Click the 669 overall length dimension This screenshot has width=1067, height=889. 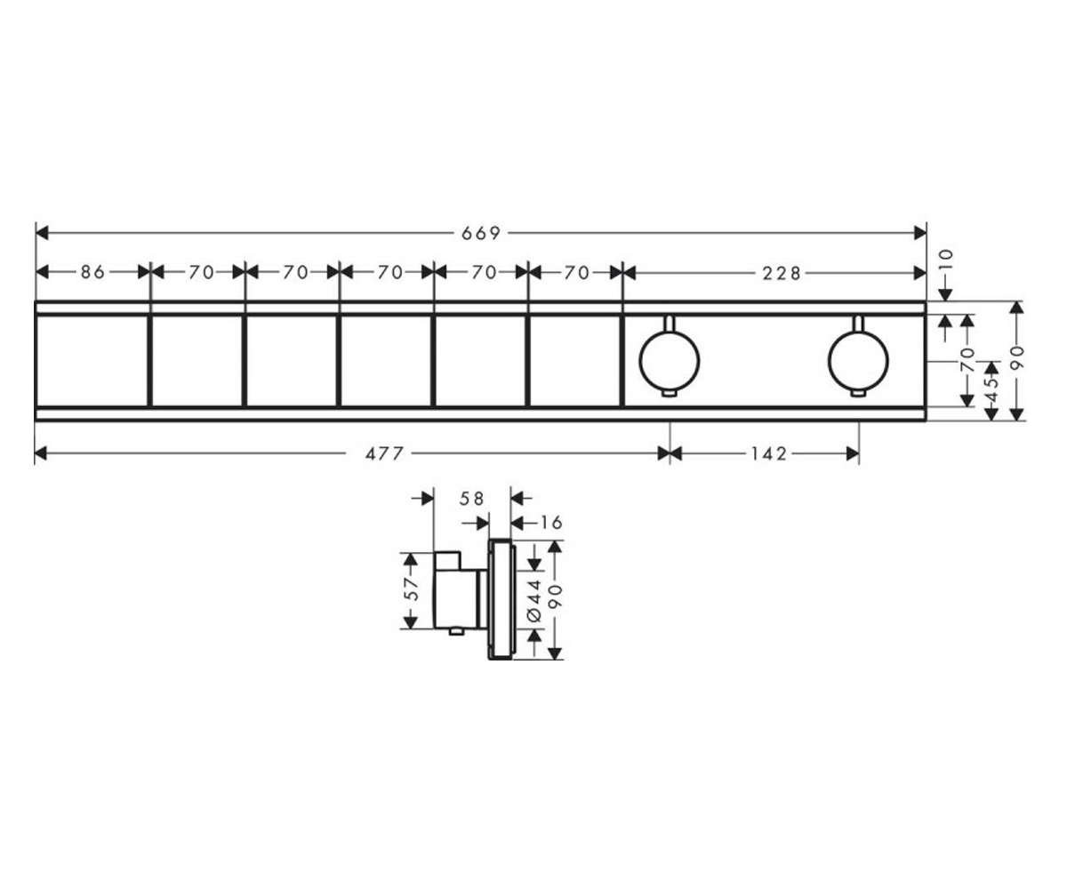click(x=481, y=234)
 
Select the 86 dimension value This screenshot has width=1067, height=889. click(x=93, y=272)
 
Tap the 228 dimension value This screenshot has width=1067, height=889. click(x=782, y=274)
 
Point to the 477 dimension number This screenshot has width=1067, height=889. click(x=385, y=453)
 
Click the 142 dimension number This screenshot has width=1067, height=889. click(x=769, y=453)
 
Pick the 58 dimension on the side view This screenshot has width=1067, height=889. click(x=471, y=499)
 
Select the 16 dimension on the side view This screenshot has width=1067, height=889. click(x=550, y=523)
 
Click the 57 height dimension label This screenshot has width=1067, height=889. click(x=413, y=589)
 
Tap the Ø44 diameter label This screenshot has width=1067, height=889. click(x=534, y=600)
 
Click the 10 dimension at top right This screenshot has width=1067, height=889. click(x=946, y=260)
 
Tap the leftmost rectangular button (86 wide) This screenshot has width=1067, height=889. click(x=92, y=361)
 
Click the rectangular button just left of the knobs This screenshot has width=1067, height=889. click(x=575, y=361)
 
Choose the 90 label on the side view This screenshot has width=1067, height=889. click(x=555, y=597)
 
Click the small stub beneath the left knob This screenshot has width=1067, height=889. click(x=670, y=394)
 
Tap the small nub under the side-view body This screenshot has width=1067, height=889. click(x=456, y=632)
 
